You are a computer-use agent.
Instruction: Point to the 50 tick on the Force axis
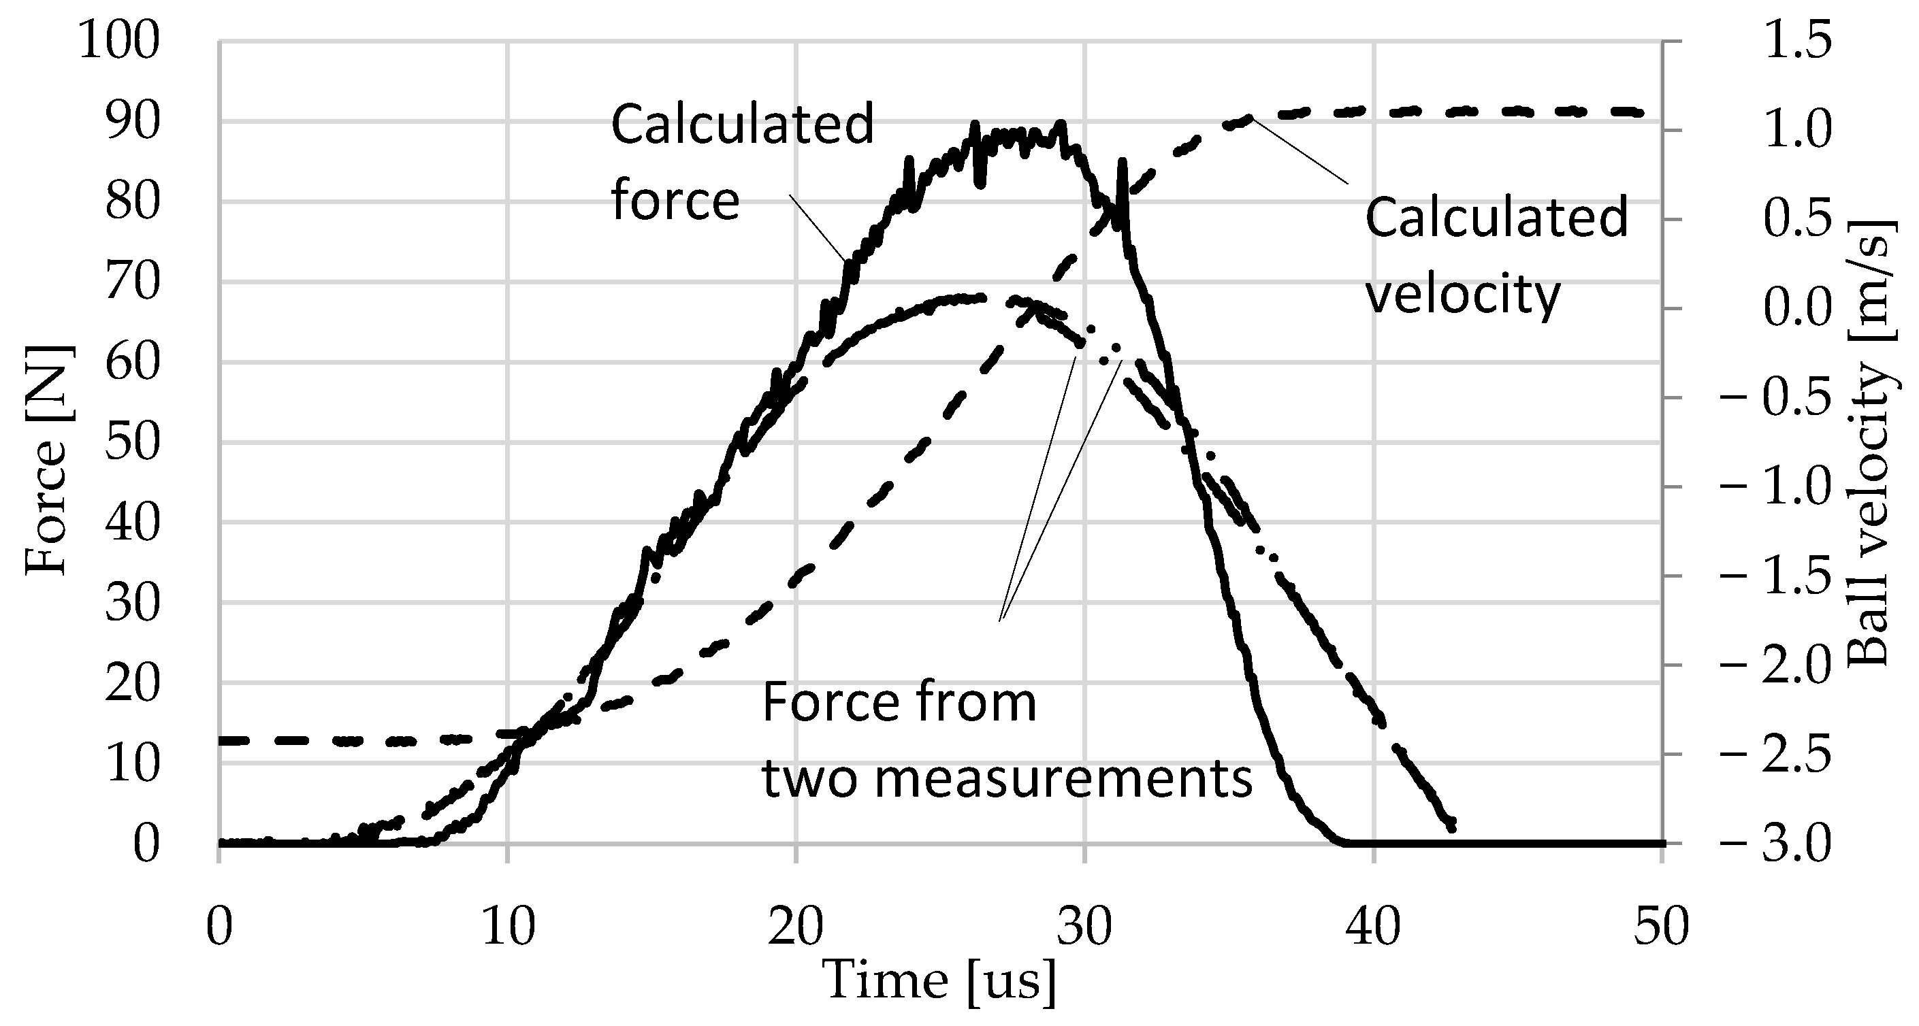(132, 443)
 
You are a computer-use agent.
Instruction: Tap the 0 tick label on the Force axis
(146, 844)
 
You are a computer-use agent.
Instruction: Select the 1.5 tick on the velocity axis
(1796, 40)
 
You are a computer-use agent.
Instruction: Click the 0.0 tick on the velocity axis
(1796, 308)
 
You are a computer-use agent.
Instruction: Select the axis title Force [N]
(46, 459)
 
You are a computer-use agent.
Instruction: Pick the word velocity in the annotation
(1462, 294)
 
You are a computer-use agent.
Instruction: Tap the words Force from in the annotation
(899, 702)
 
